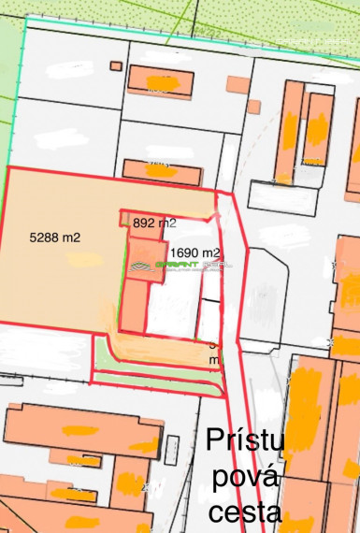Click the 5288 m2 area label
point(55,238)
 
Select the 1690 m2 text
point(194,252)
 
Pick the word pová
point(245,477)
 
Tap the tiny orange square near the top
point(116,65)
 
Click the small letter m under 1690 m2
point(214,358)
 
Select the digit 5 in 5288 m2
point(34,238)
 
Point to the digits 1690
point(184,252)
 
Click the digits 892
point(145,223)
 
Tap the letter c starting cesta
point(216,513)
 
